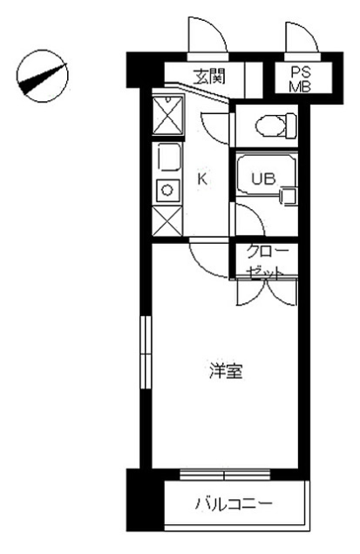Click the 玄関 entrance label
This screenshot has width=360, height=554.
point(209,76)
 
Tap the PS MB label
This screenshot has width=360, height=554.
point(300,79)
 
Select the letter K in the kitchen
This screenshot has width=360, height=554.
point(202,179)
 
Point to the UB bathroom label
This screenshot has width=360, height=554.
point(263,179)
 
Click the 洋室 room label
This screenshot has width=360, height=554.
point(226,370)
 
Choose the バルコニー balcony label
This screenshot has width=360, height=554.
point(234,503)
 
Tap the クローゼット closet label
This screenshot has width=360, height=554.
point(266,262)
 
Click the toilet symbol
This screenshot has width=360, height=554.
point(275,125)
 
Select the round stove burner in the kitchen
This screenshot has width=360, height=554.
point(166,190)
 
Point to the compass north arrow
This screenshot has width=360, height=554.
point(43,78)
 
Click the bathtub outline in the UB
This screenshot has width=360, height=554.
point(266,173)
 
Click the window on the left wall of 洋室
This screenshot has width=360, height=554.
point(146,353)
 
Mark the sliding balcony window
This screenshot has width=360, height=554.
point(225,474)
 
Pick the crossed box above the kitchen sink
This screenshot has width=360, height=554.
point(167,116)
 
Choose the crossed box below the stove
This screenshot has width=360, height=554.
point(166,221)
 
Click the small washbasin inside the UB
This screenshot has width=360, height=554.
point(289,196)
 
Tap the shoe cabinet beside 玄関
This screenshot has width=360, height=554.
point(254,80)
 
